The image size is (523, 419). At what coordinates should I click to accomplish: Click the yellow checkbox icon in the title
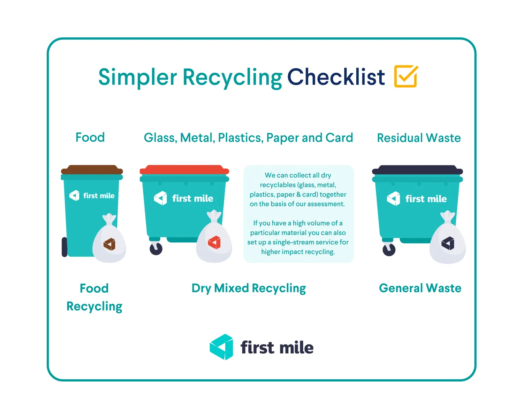click(x=406, y=76)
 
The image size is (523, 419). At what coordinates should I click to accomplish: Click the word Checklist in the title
click(x=336, y=77)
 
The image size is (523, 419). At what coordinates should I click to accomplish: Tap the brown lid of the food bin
click(x=92, y=170)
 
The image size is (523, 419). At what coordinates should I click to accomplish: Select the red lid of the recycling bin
click(x=184, y=170)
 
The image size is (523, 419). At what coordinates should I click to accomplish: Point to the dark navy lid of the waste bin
click(x=417, y=170)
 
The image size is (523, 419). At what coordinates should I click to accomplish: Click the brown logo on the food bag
click(x=109, y=244)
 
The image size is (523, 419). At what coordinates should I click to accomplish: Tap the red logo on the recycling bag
click(x=214, y=242)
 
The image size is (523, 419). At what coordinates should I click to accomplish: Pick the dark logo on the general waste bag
click(x=448, y=243)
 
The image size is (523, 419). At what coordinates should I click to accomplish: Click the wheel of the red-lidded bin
click(x=156, y=249)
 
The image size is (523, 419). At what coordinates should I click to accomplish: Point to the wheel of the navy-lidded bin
click(x=389, y=249)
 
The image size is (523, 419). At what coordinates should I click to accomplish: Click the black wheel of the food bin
click(x=65, y=247)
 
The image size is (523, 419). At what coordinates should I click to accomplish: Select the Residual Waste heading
click(x=419, y=138)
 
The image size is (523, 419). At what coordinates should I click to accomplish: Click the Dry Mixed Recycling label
click(x=249, y=288)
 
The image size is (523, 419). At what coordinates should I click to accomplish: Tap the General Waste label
click(x=420, y=288)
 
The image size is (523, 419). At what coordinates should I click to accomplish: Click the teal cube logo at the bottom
click(x=221, y=347)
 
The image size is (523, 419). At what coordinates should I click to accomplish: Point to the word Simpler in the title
click(x=138, y=77)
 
